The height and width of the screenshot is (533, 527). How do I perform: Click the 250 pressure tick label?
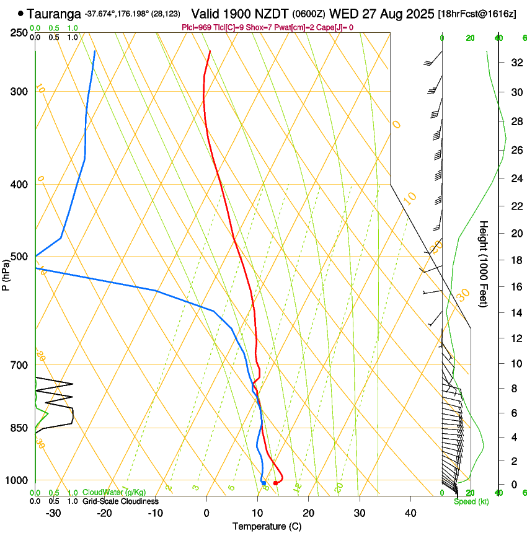pyautogui.click(x=19, y=33)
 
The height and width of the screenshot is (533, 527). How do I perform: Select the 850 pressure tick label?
pyautogui.click(x=19, y=428)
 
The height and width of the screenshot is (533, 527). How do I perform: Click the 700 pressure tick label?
pyautogui.click(x=19, y=365)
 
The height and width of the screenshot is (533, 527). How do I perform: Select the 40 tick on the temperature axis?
pyautogui.click(x=410, y=513)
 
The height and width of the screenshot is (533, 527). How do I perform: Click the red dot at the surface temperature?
pyautogui.click(x=276, y=483)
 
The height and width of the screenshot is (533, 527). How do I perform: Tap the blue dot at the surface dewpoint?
pyautogui.click(x=263, y=483)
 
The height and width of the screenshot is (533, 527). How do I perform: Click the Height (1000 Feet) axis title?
pyautogui.click(x=484, y=263)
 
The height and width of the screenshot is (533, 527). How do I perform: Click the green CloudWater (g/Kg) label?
pyautogui.click(x=115, y=493)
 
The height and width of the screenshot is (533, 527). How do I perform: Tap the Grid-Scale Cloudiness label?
pyautogui.click(x=120, y=501)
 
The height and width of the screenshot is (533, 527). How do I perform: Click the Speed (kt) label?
pyautogui.click(x=471, y=501)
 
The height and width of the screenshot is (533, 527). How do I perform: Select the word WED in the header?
pyautogui.click(x=344, y=13)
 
